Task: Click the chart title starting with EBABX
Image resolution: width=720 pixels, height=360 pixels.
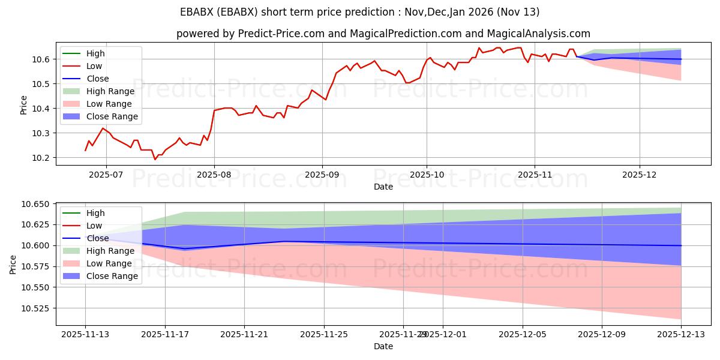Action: pyautogui.click(x=359, y=12)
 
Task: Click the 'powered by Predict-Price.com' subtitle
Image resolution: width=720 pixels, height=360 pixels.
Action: pyautogui.click(x=383, y=34)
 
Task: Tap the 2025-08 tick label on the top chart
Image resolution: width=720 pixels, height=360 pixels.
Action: pyautogui.click(x=214, y=174)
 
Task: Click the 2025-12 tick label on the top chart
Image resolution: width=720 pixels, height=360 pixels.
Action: pyautogui.click(x=640, y=174)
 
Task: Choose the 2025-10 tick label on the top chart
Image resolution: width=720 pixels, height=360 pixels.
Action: pyautogui.click(x=427, y=174)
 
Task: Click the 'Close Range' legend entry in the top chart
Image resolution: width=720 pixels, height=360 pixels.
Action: pyautogui.click(x=112, y=116)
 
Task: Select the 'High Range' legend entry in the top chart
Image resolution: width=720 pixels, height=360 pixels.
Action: pyautogui.click(x=110, y=91)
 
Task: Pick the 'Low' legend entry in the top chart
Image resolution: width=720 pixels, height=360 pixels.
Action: pyautogui.click(x=94, y=66)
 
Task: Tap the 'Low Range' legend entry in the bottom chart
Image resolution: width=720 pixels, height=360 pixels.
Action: pyautogui.click(x=109, y=263)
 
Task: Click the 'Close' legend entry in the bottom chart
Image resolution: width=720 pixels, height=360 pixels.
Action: pyautogui.click(x=97, y=238)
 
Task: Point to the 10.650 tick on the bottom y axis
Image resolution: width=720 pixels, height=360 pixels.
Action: pyautogui.click(x=36, y=205)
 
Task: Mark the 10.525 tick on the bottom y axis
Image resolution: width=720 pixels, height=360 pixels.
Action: pyautogui.click(x=36, y=308)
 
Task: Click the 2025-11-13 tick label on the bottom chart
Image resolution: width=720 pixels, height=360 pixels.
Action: pyautogui.click(x=86, y=334)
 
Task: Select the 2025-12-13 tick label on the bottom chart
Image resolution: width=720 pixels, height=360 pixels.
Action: pyautogui.click(x=681, y=334)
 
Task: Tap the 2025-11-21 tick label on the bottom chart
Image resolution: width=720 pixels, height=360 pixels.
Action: pyautogui.click(x=245, y=334)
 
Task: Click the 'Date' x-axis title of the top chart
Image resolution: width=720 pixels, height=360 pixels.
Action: pyautogui.click(x=383, y=187)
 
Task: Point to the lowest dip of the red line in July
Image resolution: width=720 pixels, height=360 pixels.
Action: pyautogui.click(x=155, y=159)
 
